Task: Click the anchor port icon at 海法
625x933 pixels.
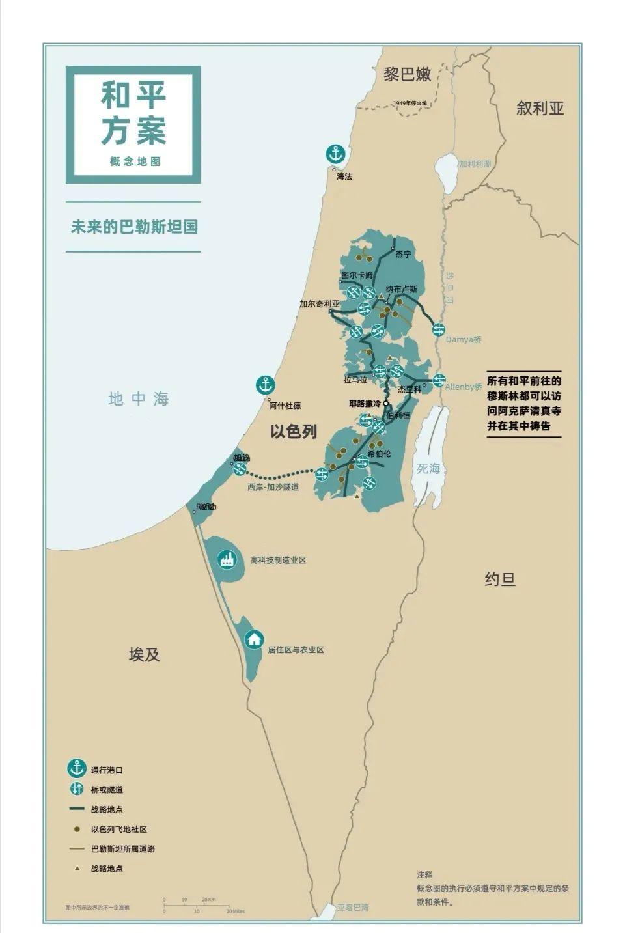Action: (x=335, y=154)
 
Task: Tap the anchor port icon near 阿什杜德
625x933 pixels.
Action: (x=265, y=385)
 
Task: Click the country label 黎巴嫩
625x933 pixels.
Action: (x=408, y=74)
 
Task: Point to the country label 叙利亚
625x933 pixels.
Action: (x=540, y=108)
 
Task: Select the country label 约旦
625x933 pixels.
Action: (x=500, y=579)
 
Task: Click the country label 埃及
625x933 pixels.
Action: (x=144, y=654)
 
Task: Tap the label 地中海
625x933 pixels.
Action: (x=139, y=399)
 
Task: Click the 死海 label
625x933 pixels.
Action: (x=429, y=468)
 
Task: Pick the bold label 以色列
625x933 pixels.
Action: (x=294, y=431)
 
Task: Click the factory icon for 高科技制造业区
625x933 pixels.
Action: (x=227, y=559)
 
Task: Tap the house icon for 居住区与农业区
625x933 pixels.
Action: (x=254, y=639)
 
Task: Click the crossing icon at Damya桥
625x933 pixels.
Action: (x=439, y=329)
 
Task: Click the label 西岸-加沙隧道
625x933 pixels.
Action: (x=273, y=486)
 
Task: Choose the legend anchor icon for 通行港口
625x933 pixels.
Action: (x=77, y=768)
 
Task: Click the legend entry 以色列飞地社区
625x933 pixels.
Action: (x=118, y=829)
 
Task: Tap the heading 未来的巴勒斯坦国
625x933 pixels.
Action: (x=135, y=227)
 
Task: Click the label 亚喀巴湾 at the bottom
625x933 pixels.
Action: (x=352, y=907)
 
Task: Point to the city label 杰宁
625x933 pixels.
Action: (x=403, y=255)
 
